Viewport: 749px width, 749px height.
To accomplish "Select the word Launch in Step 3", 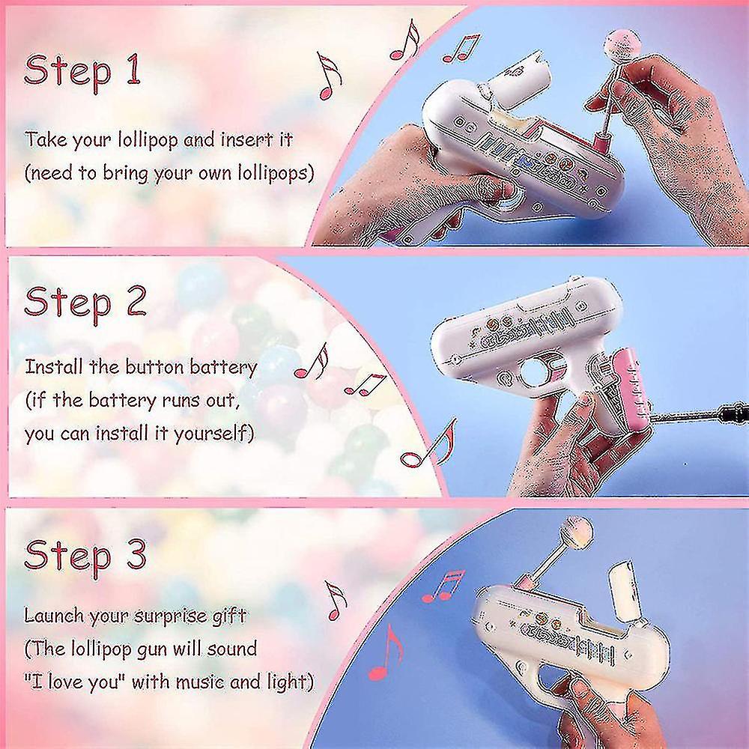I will click(55, 616).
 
